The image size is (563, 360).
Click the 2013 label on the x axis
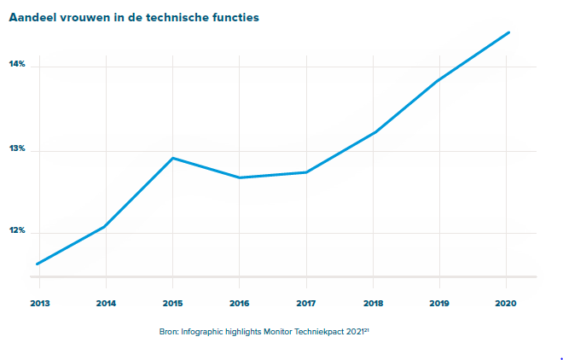point(38,303)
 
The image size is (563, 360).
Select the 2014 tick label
point(106,303)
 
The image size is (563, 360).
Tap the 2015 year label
point(172,303)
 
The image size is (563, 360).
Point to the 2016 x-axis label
point(239,303)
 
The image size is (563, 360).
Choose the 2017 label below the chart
point(306,303)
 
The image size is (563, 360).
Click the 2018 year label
point(373,303)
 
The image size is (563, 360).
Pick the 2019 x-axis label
point(439,303)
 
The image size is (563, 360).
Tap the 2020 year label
point(507,303)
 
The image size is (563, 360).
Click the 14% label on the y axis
point(17,65)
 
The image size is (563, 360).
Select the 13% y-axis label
point(17,149)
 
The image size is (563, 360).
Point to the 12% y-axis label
point(17,232)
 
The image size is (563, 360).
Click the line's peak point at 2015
point(173,158)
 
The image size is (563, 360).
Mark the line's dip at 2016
point(240,177)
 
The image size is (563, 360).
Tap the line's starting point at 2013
point(38,264)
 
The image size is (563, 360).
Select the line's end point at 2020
point(508,32)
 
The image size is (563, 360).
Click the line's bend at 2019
point(439,80)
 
